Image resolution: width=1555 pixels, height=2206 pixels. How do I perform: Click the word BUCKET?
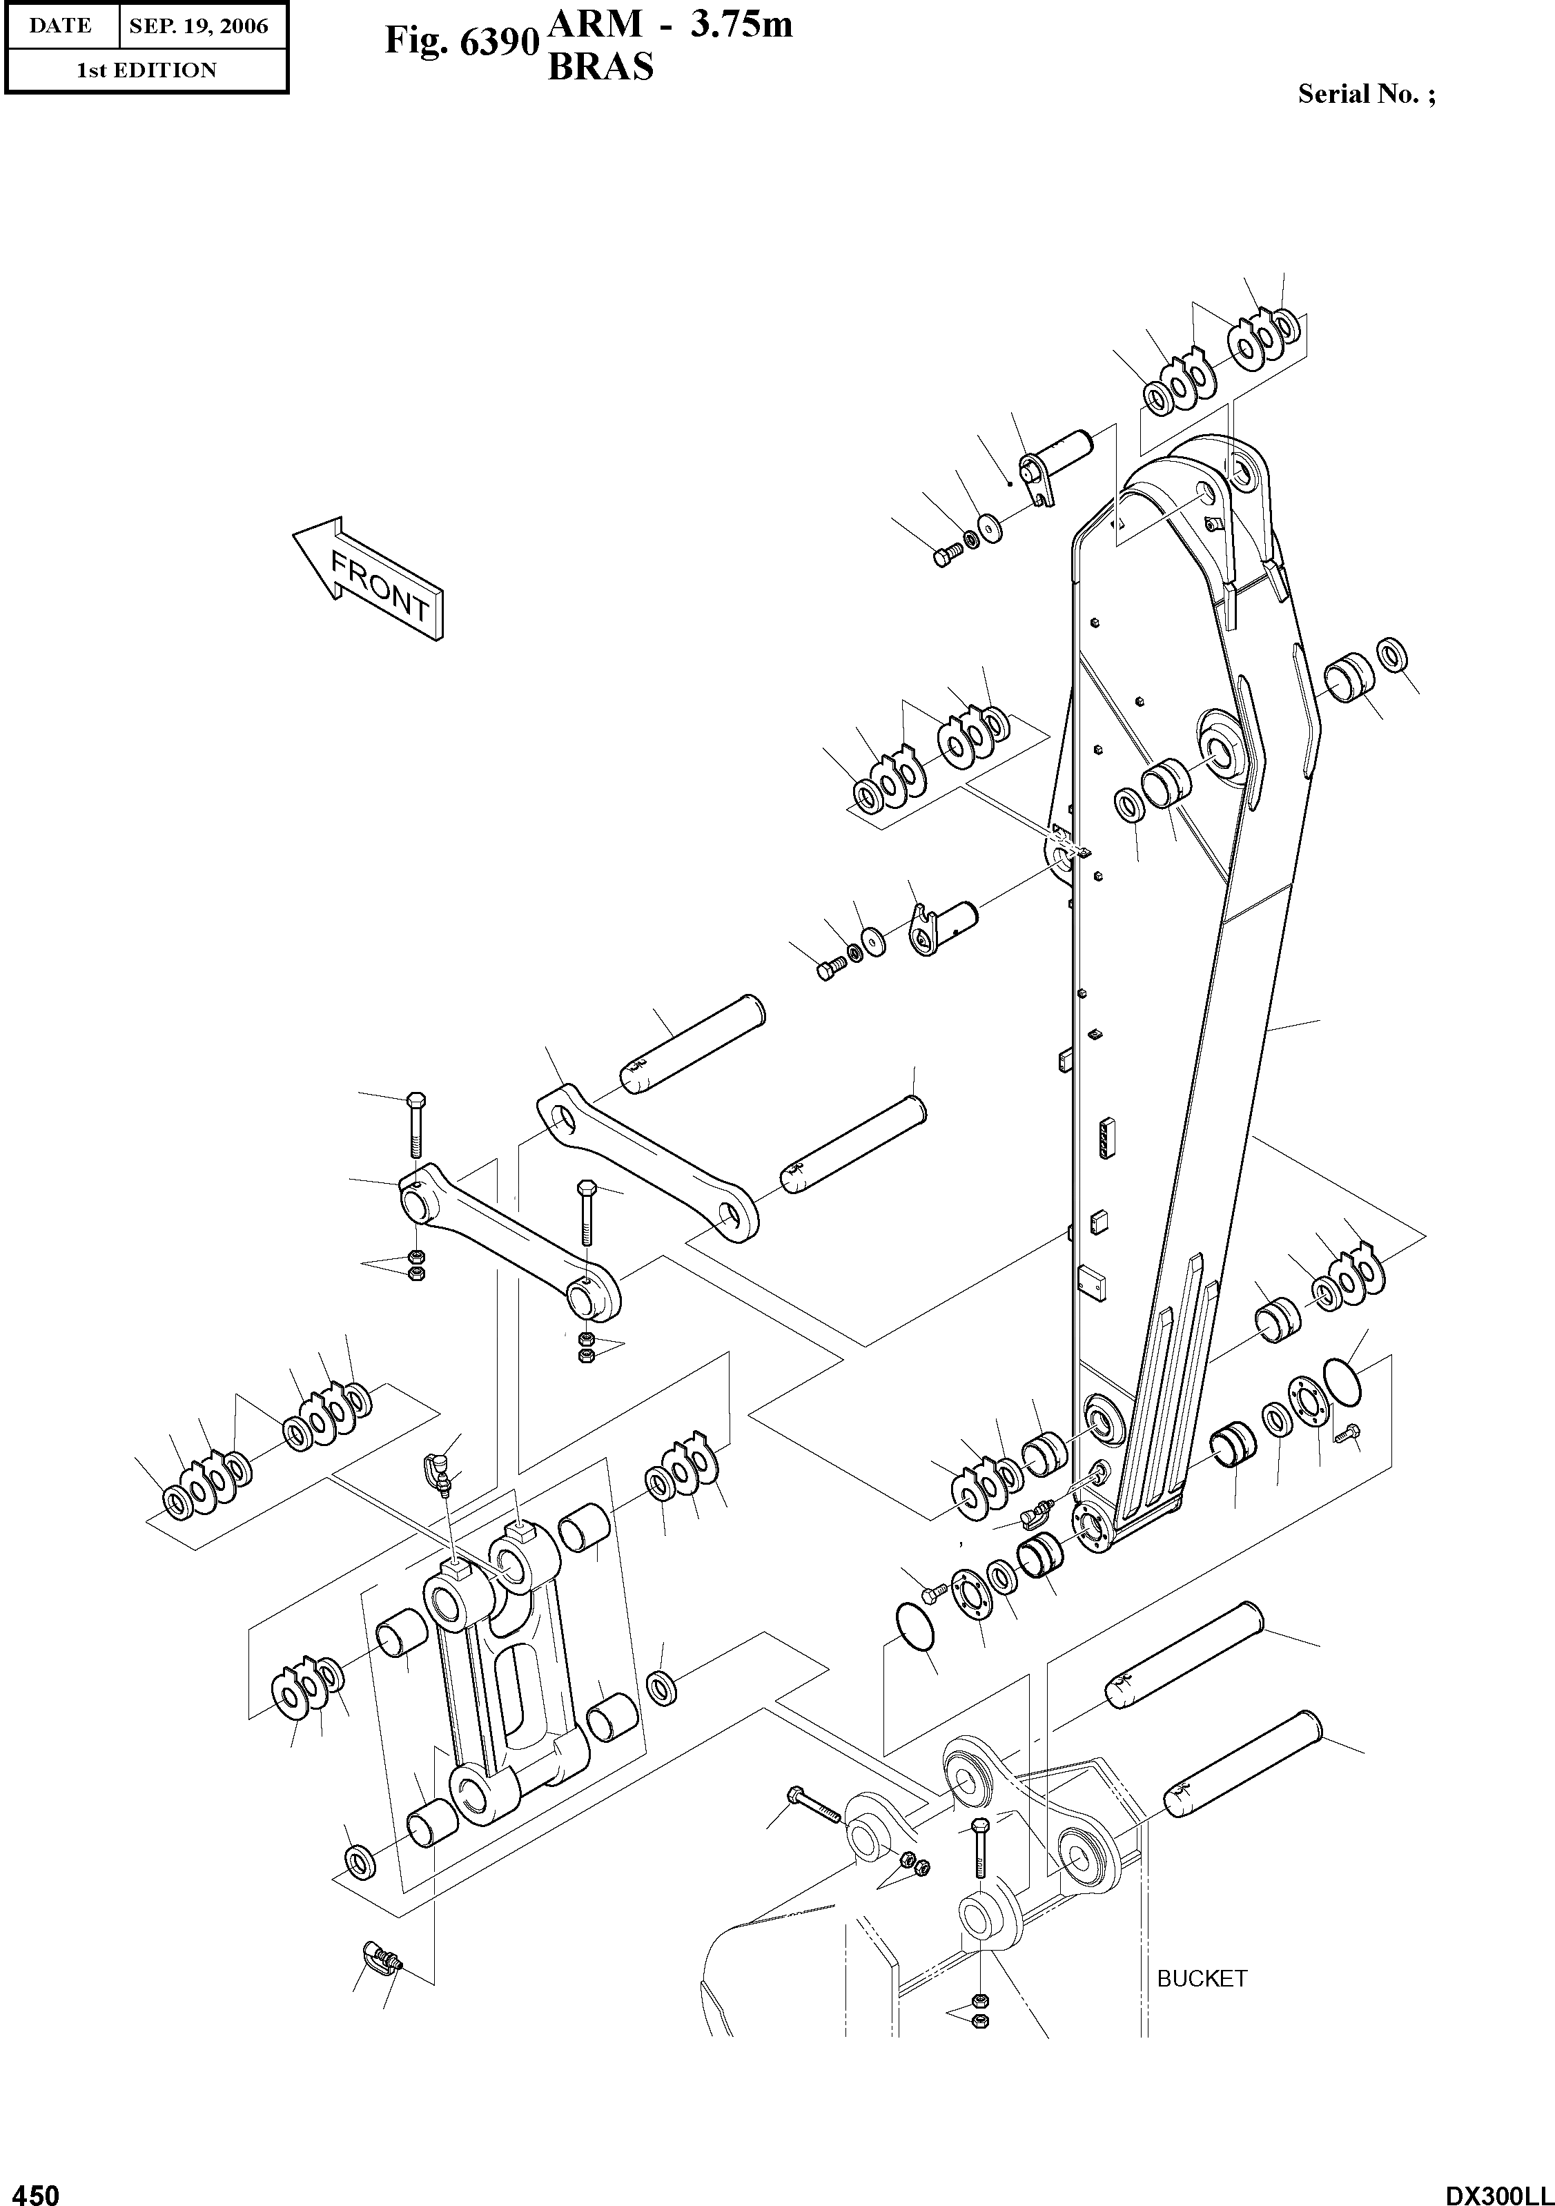click(x=1202, y=1978)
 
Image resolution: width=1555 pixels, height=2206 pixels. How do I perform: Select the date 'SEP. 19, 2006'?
click(x=199, y=26)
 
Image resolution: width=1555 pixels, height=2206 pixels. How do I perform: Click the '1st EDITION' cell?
click(x=146, y=70)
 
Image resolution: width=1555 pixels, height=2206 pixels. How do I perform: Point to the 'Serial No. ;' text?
click(x=1367, y=94)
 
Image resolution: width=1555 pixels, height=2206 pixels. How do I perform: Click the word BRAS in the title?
click(x=600, y=67)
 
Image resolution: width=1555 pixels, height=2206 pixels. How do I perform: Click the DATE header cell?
click(x=61, y=26)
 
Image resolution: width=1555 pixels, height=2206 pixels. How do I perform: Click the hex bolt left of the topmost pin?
click(x=946, y=556)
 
